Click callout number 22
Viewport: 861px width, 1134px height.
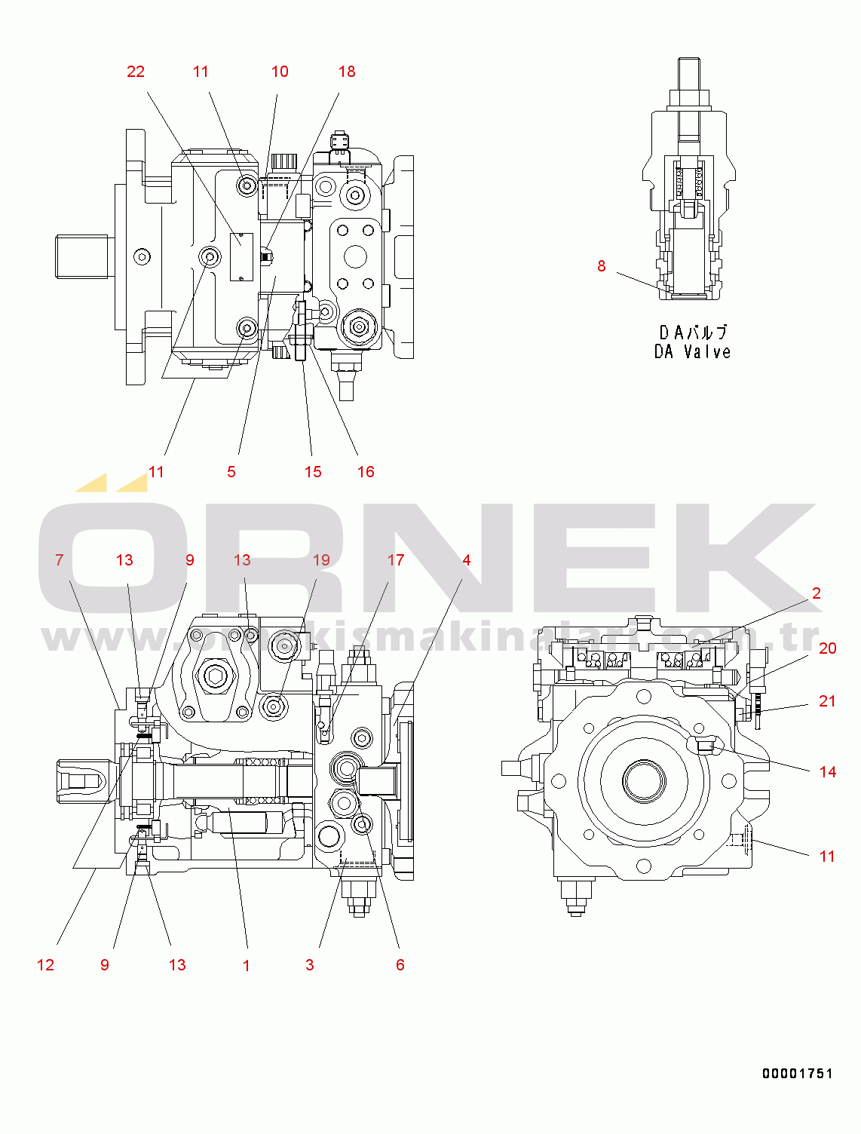(136, 72)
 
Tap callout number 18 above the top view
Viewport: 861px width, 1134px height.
(347, 72)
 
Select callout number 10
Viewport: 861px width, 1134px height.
(280, 72)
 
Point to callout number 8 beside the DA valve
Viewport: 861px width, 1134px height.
(602, 266)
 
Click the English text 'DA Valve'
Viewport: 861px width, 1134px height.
(692, 352)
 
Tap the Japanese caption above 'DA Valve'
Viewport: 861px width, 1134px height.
(693, 333)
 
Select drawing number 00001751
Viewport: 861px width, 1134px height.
(797, 1074)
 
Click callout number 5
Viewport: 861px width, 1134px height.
(231, 472)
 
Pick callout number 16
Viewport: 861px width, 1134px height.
(366, 472)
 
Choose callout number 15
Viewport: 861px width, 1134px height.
(313, 472)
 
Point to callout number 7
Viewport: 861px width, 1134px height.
(60, 560)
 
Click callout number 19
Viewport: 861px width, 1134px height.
(321, 560)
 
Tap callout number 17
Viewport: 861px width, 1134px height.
(396, 560)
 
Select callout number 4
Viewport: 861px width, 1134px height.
(467, 560)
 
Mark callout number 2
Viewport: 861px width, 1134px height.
(817, 593)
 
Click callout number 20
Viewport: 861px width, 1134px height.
(828, 648)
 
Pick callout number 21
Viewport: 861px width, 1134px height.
(828, 701)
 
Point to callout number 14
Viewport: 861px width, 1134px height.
(828, 772)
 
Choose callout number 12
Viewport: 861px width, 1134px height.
(45, 965)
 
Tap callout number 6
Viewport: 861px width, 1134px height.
(400, 965)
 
